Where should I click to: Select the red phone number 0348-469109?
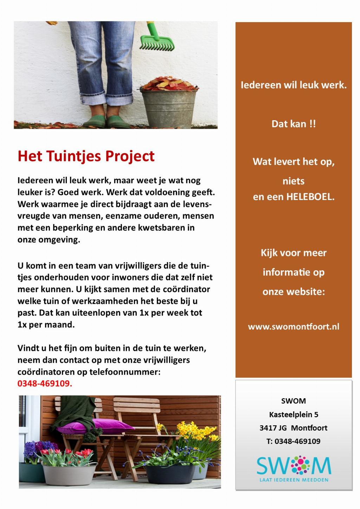[x=45, y=384]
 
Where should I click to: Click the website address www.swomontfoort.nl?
[x=294, y=327]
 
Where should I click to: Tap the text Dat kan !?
[x=294, y=124]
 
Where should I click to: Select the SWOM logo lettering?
[x=294, y=466]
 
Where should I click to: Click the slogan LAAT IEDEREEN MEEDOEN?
[x=294, y=479]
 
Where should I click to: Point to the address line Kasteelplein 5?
[x=294, y=414]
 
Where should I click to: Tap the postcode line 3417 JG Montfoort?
[x=294, y=428]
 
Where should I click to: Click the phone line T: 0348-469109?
[x=294, y=441]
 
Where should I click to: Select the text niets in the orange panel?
[x=294, y=181]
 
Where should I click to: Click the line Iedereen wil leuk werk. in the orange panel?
[x=294, y=85]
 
